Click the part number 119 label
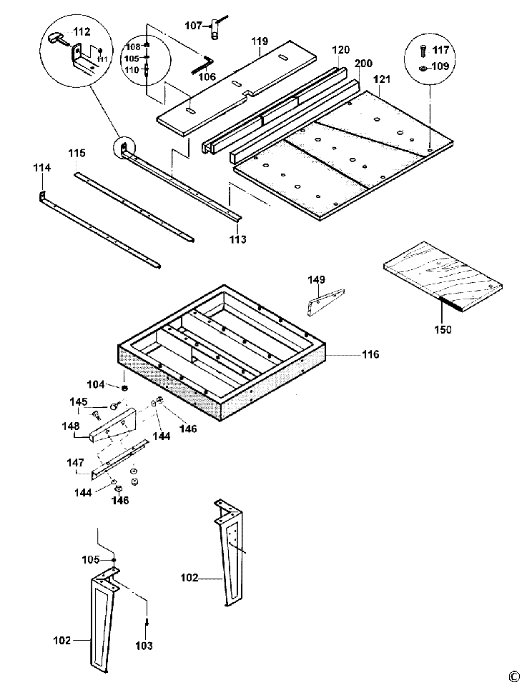pyautogui.click(x=260, y=42)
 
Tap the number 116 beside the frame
pyautogui.click(x=370, y=354)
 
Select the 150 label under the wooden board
pyautogui.click(x=443, y=329)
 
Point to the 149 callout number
pyautogui.click(x=317, y=279)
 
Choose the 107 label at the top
pyautogui.click(x=193, y=26)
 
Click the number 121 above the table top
pyautogui.click(x=382, y=79)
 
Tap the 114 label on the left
pyautogui.click(x=42, y=168)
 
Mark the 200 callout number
pyautogui.click(x=363, y=64)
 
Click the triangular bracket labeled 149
pyautogui.click(x=326, y=301)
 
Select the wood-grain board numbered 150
pyautogui.click(x=443, y=276)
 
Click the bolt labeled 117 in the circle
pyautogui.click(x=423, y=50)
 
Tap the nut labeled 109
pyautogui.click(x=423, y=68)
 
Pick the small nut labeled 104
pyautogui.click(x=124, y=387)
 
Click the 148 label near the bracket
pyautogui.click(x=71, y=426)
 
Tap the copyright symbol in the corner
pyautogui.click(x=513, y=676)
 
